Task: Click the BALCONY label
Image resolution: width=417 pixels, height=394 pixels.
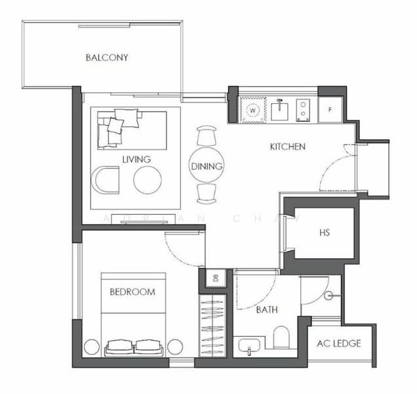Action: pyautogui.click(x=107, y=58)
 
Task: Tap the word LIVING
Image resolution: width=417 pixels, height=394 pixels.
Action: pyautogui.click(x=136, y=160)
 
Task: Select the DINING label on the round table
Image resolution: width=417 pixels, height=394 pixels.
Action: pyautogui.click(x=207, y=167)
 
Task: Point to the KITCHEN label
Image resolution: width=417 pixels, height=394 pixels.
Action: pyautogui.click(x=288, y=146)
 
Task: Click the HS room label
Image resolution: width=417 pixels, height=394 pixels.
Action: pyautogui.click(x=324, y=232)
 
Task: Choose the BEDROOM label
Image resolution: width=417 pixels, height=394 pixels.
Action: pyautogui.click(x=132, y=292)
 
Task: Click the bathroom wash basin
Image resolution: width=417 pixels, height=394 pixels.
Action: pyautogui.click(x=250, y=346)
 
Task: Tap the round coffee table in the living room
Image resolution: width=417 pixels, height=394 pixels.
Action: pyautogui.click(x=147, y=179)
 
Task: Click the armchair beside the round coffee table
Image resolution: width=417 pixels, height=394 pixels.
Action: pyautogui.click(x=106, y=180)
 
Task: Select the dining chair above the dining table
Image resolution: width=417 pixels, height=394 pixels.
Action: pyautogui.click(x=206, y=136)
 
